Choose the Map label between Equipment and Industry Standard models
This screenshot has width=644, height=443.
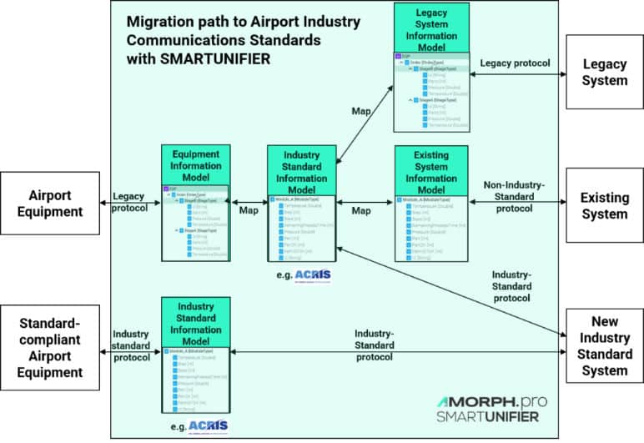coord(249,211)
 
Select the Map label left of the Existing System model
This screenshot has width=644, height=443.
coord(361,211)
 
